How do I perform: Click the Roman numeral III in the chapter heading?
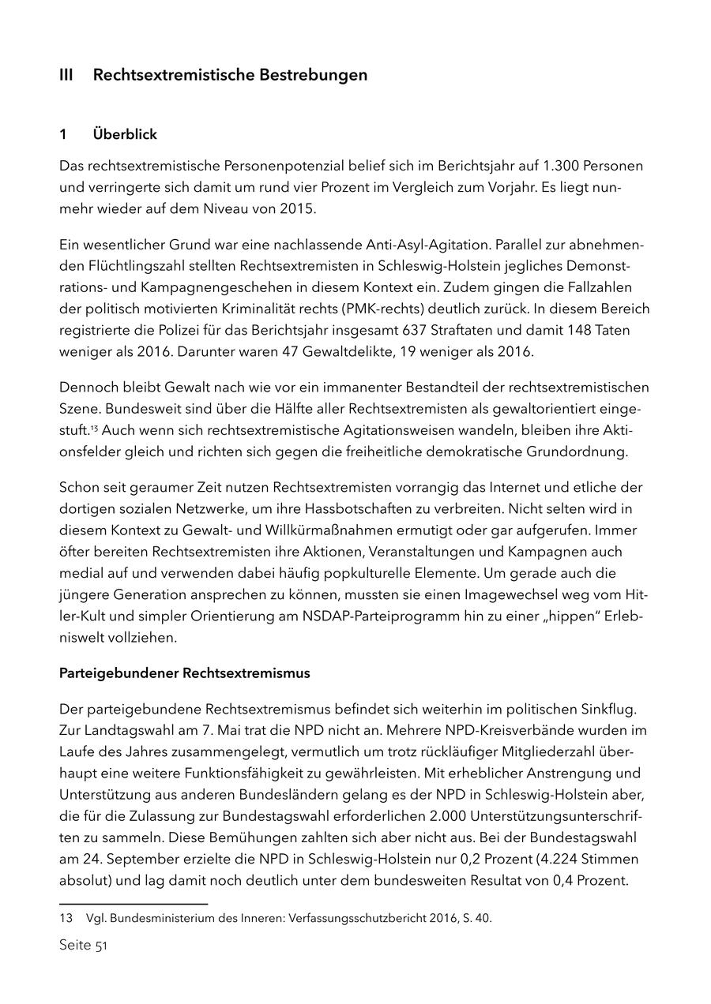(x=66, y=75)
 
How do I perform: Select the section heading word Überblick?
(x=125, y=134)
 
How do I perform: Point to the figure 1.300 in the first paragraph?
(x=562, y=166)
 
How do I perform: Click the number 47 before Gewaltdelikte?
(x=291, y=352)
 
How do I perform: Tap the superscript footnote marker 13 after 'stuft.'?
(x=94, y=429)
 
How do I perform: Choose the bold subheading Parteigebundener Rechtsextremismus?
(x=185, y=673)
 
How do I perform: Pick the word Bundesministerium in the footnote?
(x=141, y=918)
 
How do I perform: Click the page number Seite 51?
(x=83, y=946)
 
